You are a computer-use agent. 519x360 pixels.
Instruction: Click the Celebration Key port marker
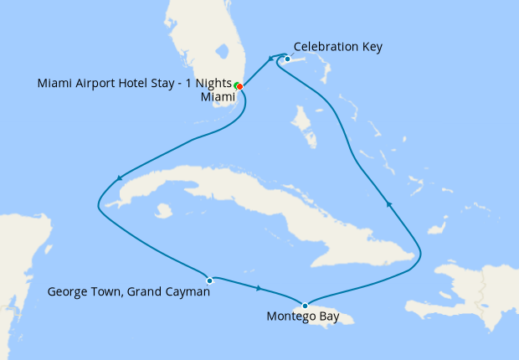(x=287, y=59)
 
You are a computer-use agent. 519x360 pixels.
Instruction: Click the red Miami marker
(x=240, y=86)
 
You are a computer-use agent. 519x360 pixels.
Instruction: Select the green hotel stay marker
(x=237, y=85)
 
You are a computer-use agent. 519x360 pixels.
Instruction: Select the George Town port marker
(x=209, y=280)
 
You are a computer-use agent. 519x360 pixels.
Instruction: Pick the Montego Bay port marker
(x=306, y=305)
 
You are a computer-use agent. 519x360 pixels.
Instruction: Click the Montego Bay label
(x=302, y=317)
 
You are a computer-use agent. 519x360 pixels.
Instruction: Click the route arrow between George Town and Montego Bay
(x=259, y=289)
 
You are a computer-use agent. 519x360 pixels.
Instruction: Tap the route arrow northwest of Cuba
(x=121, y=177)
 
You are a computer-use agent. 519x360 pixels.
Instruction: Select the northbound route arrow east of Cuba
(x=388, y=203)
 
